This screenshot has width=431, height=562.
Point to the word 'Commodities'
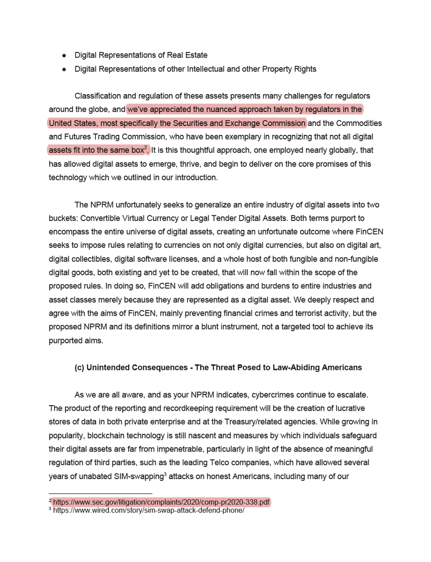(360, 123)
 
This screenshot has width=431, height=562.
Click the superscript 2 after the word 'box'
(146, 148)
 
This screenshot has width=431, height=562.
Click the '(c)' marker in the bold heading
(80, 367)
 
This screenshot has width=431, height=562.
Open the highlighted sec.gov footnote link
(161, 502)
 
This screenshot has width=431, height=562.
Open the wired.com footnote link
(148, 510)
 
